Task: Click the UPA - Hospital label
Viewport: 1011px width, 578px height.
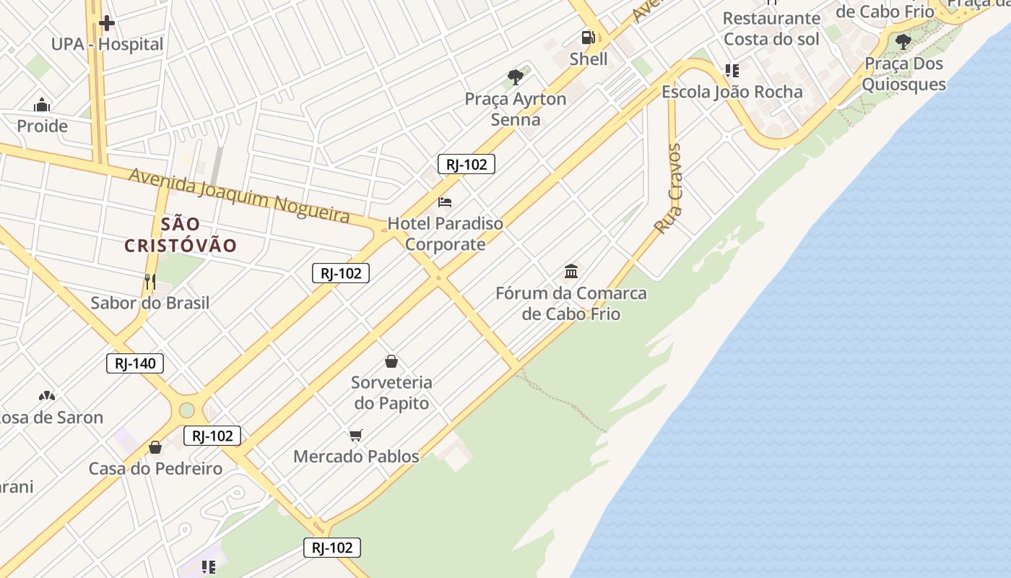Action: tap(107, 44)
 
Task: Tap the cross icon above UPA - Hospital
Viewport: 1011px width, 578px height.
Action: tap(107, 23)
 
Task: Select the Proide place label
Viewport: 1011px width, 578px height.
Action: tap(42, 126)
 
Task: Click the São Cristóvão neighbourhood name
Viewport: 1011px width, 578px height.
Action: tap(181, 235)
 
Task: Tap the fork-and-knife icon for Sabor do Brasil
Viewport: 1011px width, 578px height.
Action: tap(150, 281)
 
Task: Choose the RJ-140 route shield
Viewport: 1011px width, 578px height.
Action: tap(135, 363)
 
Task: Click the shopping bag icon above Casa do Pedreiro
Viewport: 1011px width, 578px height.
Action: tap(155, 447)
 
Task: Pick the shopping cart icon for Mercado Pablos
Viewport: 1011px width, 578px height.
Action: tap(355, 435)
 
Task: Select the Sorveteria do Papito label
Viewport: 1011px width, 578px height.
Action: tap(391, 392)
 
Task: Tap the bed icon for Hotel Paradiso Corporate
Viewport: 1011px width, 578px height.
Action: tap(445, 202)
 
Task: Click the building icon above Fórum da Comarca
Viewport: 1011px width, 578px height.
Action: tap(571, 272)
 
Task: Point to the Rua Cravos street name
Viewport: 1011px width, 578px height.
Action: tap(667, 189)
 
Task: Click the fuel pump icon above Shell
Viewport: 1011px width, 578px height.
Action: tap(589, 38)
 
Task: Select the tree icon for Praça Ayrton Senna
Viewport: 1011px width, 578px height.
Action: tap(516, 77)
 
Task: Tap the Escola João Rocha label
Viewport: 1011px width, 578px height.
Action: tap(732, 92)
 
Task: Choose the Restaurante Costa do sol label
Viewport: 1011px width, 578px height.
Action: tap(771, 28)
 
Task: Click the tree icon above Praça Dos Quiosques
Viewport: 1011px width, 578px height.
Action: tap(903, 42)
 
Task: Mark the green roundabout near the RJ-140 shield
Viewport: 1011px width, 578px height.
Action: tap(187, 410)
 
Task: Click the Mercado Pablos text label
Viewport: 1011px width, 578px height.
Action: tap(356, 457)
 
